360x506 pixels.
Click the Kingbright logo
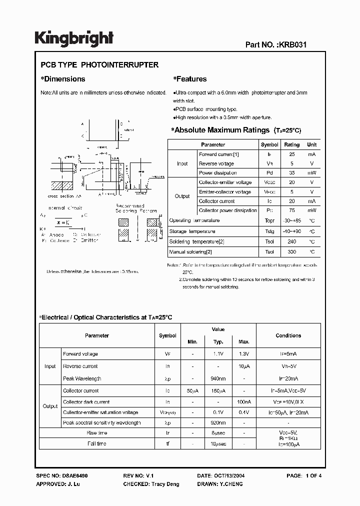click(74, 38)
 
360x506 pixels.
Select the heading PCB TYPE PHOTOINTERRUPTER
click(99, 65)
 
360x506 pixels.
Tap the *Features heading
click(189, 79)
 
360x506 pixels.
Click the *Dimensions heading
click(62, 79)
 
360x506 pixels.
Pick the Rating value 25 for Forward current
click(292, 154)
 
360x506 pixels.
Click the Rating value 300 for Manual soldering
click(292, 252)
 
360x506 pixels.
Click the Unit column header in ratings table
click(311, 144)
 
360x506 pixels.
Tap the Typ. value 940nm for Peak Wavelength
click(218, 378)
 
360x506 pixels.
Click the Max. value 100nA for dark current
click(243, 402)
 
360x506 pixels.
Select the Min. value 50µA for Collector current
click(192, 391)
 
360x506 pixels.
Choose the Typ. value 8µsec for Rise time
click(218, 433)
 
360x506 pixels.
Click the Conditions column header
click(288, 335)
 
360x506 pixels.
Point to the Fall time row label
click(97, 443)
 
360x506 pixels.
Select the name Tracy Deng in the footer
click(165, 484)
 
